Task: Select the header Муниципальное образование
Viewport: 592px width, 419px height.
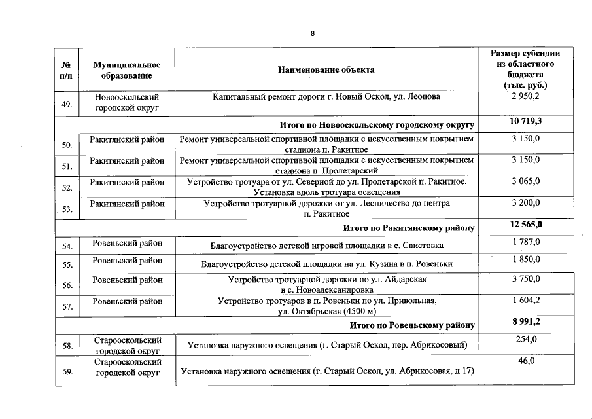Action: click(127, 70)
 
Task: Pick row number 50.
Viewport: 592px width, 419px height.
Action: click(66, 145)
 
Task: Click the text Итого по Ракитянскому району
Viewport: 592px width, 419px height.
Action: click(409, 228)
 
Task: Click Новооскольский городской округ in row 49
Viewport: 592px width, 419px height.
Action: click(127, 101)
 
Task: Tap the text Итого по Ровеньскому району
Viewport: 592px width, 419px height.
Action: click(412, 325)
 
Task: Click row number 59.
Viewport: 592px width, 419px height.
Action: click(66, 373)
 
